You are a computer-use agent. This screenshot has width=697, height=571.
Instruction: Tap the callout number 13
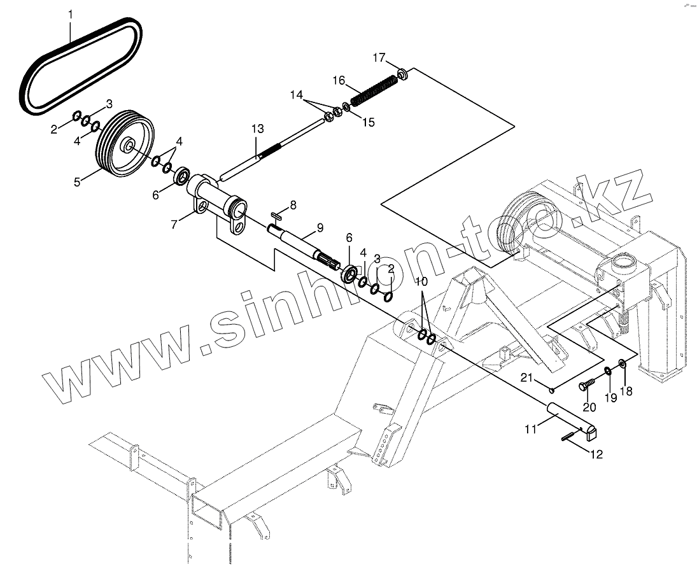click(257, 129)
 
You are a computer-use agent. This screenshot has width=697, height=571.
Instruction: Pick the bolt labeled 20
click(586, 384)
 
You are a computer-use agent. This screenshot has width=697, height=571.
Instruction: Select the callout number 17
click(379, 58)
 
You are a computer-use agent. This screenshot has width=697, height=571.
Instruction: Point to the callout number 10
click(421, 281)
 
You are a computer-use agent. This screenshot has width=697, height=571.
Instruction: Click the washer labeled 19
click(608, 371)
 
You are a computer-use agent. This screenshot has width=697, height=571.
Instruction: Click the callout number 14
click(297, 95)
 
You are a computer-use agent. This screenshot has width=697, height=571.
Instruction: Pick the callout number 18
click(626, 391)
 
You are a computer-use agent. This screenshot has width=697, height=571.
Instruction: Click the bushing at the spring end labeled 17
click(403, 75)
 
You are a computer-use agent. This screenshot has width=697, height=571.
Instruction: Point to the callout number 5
click(77, 182)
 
